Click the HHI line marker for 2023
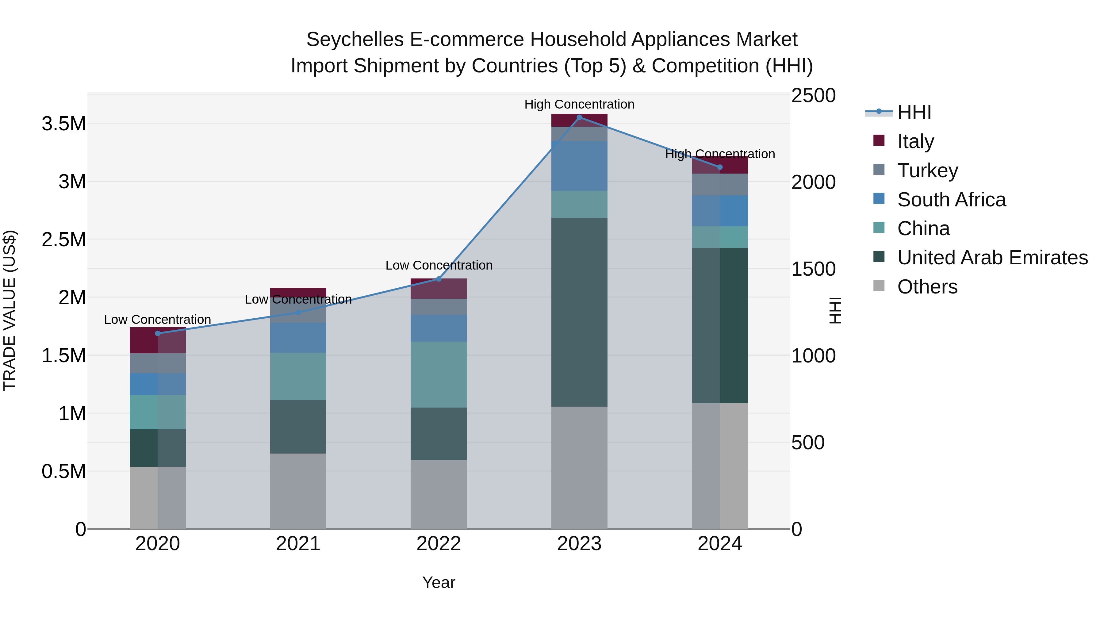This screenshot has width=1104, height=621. tap(579, 117)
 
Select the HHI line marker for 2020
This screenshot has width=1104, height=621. tap(158, 333)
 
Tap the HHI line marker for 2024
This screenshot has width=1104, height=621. tap(720, 167)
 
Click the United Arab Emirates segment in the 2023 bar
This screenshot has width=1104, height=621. tap(579, 312)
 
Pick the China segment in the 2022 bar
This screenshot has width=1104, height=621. tap(439, 374)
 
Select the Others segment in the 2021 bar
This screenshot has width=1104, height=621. tap(298, 491)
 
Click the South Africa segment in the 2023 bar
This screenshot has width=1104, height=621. tap(579, 166)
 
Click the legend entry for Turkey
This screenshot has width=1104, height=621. tap(927, 171)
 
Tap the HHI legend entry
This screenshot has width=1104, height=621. tap(914, 112)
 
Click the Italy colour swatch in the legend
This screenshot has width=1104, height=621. tap(879, 140)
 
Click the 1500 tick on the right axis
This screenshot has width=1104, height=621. tap(813, 269)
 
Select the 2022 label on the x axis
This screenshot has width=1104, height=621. tap(439, 544)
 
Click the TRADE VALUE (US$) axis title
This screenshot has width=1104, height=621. tap(10, 310)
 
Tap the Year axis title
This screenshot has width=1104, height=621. tap(439, 582)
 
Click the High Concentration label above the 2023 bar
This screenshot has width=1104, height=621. tap(579, 105)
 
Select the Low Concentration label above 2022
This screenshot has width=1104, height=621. tap(439, 265)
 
